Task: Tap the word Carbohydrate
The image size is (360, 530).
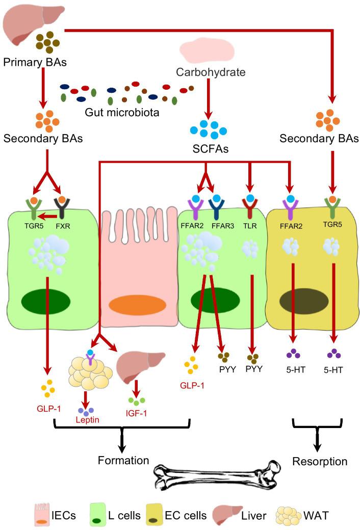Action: pos(211,72)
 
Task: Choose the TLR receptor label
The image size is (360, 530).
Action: pos(250,222)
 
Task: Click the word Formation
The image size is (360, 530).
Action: pos(123,460)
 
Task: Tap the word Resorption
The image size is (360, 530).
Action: pos(320,462)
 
